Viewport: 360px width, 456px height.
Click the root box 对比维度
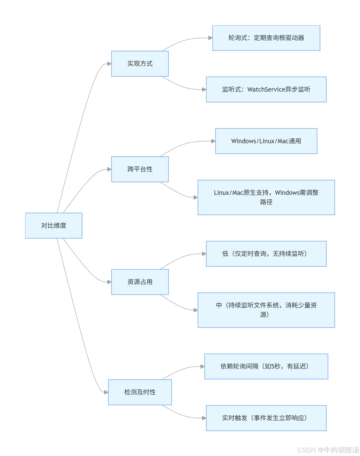[54, 225]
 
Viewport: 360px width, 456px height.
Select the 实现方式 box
[140, 64]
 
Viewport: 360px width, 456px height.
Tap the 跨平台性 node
[140, 169]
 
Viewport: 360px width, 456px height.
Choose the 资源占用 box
[140, 282]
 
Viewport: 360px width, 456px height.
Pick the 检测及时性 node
[140, 392]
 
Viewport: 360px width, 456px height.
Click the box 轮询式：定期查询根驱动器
[266, 38]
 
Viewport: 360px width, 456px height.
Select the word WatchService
[266, 89]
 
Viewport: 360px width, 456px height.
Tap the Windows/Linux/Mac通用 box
[266, 141]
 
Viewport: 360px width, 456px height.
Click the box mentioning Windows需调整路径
[266, 197]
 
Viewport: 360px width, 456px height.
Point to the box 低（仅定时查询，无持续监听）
[266, 254]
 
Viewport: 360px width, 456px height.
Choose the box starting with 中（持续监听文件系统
[266, 310]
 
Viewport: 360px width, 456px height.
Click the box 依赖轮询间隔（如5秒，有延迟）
[266, 366]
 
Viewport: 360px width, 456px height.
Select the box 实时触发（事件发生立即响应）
[266, 418]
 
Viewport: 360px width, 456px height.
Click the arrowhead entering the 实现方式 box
[109, 64]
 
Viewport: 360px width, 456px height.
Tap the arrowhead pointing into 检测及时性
[106, 392]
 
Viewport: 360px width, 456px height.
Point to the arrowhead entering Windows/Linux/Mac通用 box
[213, 141]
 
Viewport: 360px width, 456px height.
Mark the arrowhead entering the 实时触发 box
[204, 418]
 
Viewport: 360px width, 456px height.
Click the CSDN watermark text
[328, 450]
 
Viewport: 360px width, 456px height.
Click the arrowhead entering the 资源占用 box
[109, 282]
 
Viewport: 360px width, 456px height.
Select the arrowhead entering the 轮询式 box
[210, 38]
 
